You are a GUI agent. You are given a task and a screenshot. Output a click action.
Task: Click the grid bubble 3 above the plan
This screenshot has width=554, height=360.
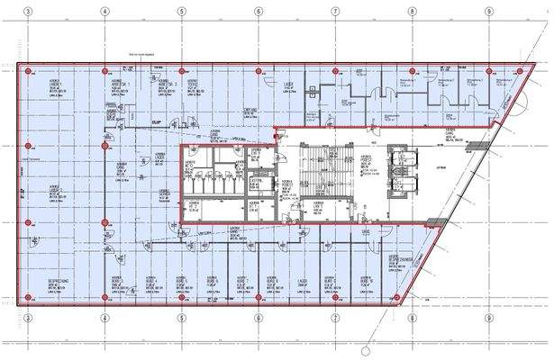[28, 12]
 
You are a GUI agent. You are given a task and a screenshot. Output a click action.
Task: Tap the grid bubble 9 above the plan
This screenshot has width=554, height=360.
[487, 12]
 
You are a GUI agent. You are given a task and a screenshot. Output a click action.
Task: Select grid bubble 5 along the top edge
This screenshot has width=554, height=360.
[181, 12]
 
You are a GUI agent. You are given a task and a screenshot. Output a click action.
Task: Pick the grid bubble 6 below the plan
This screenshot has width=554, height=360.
[258, 317]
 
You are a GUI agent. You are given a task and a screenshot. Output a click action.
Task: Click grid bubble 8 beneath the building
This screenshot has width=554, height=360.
[411, 317]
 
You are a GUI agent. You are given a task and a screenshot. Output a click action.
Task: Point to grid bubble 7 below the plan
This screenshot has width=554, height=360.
[334, 317]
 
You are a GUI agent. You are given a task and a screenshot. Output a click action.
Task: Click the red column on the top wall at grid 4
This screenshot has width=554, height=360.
[104, 70]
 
